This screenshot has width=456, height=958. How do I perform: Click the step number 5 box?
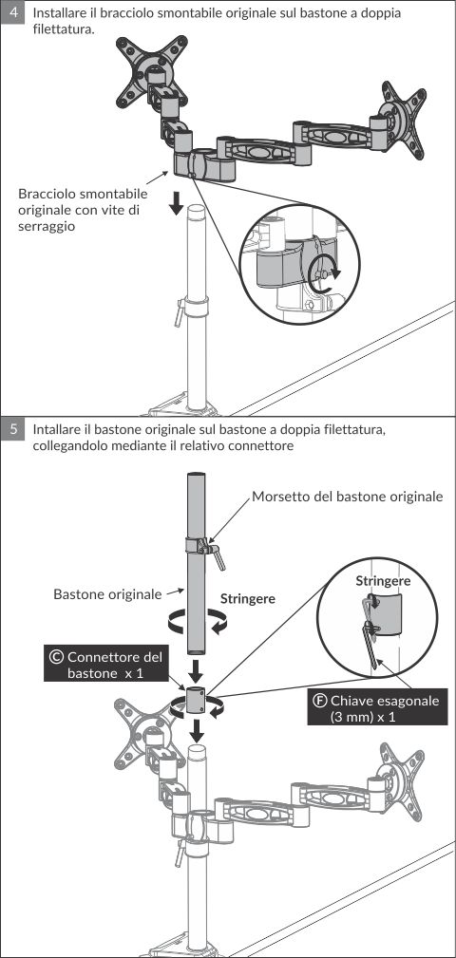click(13, 429)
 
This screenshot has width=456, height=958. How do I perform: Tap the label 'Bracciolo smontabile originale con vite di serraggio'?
click(84, 210)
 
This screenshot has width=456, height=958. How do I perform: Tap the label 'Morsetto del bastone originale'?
click(347, 497)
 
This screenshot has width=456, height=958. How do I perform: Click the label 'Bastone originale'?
click(107, 593)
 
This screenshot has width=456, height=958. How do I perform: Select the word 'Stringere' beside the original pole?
click(248, 599)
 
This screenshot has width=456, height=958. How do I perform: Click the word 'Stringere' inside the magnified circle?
click(383, 580)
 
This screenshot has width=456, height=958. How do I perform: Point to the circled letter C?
click(56, 657)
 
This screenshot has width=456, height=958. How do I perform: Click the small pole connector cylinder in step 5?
click(197, 698)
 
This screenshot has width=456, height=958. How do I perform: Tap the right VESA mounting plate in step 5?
click(400, 779)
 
